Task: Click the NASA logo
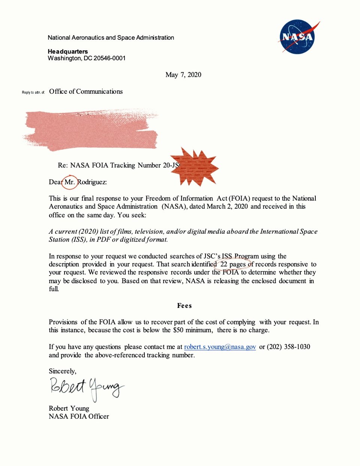pos(298,37)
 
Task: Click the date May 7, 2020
pos(183,75)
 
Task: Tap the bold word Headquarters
pos(67,51)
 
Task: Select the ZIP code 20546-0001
pos(109,58)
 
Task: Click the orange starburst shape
pos(194,167)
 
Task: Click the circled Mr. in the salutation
pos(70,182)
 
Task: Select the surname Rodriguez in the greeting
pos(92,182)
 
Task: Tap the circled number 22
pos(224,264)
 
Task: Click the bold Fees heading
pos(184,306)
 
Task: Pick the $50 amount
pos(178,330)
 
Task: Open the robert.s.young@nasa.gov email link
pos(220,347)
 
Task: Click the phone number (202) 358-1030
pos(288,347)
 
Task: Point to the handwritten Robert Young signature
pos(86,388)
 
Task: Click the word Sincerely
pos(62,371)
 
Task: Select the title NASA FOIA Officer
pos(79,417)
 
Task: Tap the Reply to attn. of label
pos(33,93)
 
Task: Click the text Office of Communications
pos(86,91)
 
